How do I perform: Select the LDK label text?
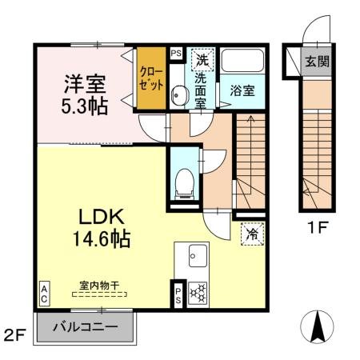pos(100,217)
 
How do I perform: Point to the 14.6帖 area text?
pos(100,238)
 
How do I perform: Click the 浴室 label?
pos(242,90)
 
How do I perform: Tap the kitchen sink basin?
pos(197,258)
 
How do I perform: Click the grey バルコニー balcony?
pos(86,327)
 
